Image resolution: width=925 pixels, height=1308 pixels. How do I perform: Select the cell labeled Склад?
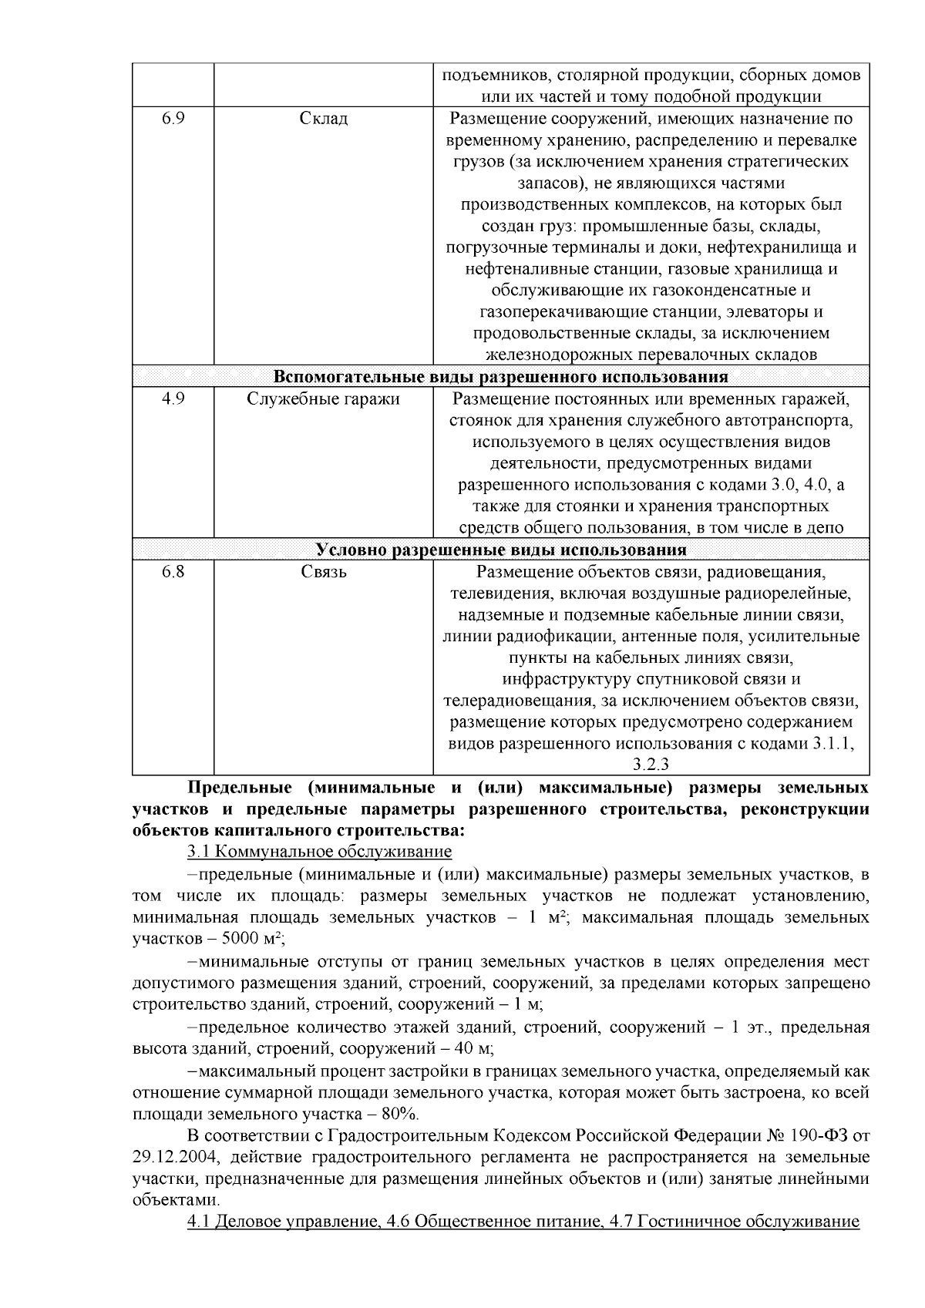(x=323, y=119)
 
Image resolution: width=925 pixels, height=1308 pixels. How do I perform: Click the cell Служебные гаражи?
(x=323, y=399)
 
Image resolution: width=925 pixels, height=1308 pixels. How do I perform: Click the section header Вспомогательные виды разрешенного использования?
(x=501, y=378)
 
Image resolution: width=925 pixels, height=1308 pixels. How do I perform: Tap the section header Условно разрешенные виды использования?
(x=501, y=550)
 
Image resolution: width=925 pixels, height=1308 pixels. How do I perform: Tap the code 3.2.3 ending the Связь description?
(x=651, y=765)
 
